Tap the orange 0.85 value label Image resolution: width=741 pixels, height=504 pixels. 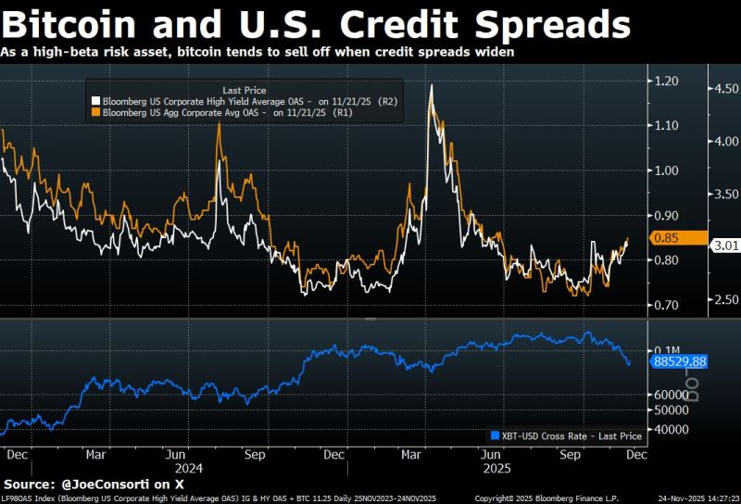pos(665,237)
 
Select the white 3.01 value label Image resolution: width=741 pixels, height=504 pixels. pos(723,246)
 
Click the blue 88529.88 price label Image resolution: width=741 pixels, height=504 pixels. pos(679,361)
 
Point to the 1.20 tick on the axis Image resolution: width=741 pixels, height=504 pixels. pos(665,81)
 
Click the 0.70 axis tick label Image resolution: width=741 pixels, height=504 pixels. pos(665,305)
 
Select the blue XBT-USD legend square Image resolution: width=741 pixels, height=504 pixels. pos(494,435)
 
